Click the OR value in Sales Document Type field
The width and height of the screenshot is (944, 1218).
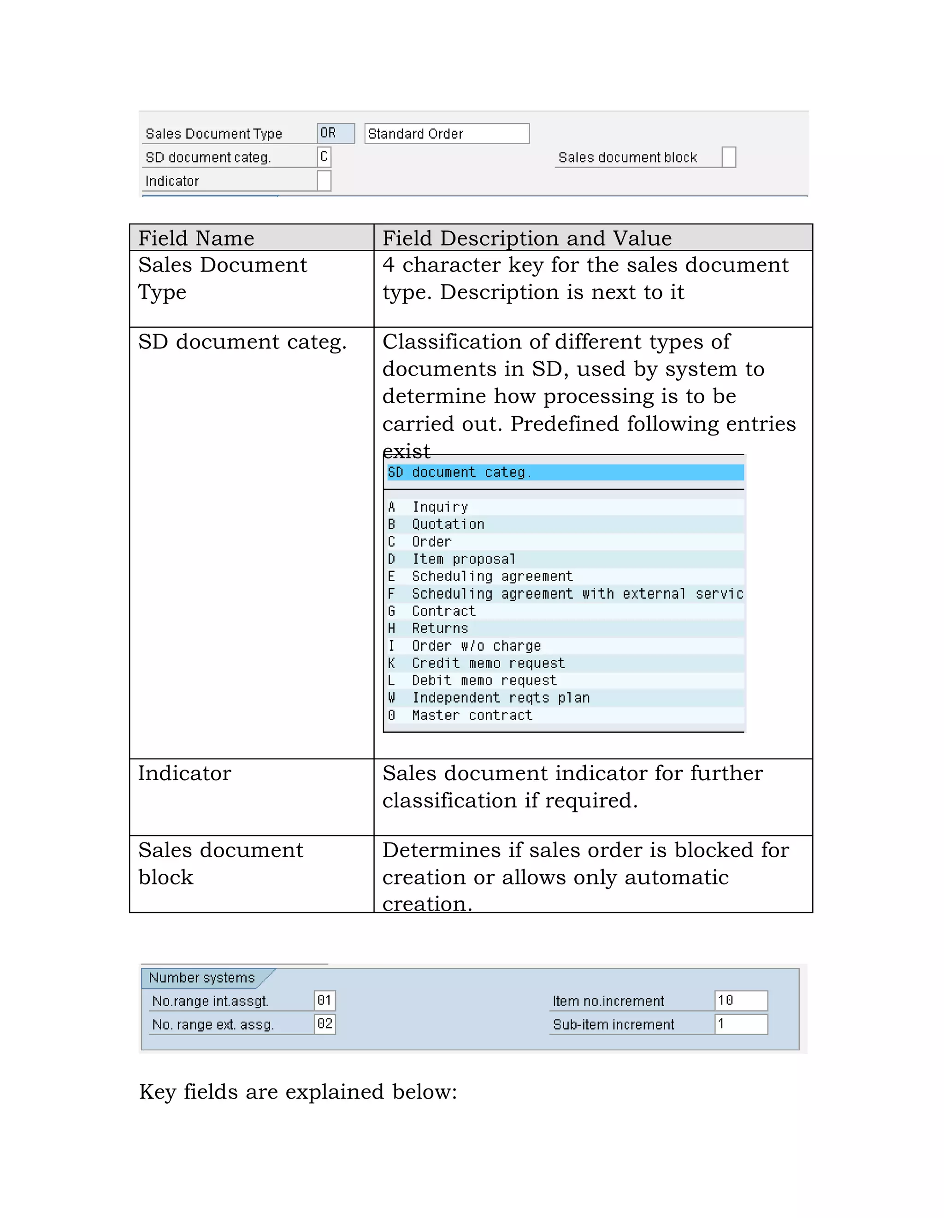335,133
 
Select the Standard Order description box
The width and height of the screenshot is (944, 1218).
446,134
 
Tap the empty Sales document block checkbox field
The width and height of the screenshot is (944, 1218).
729,157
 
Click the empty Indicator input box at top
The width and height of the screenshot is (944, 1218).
324,181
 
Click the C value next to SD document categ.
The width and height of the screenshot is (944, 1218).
324,157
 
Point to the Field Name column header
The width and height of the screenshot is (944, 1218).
196,238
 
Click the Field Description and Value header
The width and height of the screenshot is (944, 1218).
527,238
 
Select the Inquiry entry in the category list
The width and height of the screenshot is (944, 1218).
440,507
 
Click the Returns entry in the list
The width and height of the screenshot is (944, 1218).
440,629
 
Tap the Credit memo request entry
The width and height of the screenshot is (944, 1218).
488,663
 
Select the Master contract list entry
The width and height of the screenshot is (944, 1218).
472,715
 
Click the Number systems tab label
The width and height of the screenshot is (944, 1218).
202,977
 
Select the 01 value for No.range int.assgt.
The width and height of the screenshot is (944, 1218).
324,1000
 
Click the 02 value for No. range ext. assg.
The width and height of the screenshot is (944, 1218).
324,1024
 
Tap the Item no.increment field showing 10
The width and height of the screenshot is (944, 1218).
740,1000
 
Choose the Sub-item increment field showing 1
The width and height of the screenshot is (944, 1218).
740,1024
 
